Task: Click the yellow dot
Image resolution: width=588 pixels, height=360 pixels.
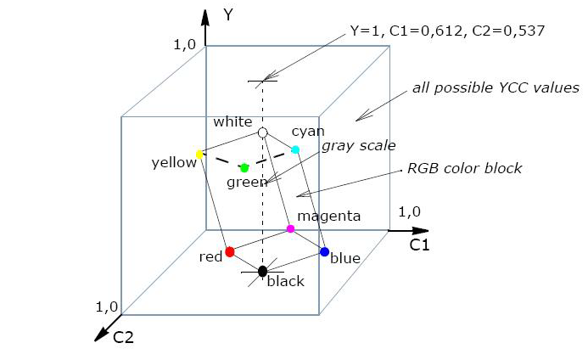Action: tap(200, 155)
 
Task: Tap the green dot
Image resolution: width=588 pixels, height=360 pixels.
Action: tap(244, 167)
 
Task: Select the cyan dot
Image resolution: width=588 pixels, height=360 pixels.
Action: tap(296, 150)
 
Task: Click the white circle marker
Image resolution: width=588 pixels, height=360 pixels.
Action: tap(263, 133)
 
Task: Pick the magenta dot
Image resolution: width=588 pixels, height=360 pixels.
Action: tap(291, 228)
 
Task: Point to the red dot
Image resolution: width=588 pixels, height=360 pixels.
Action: tap(230, 252)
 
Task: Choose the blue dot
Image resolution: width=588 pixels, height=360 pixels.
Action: tap(324, 251)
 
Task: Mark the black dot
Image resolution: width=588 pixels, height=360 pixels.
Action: tap(263, 271)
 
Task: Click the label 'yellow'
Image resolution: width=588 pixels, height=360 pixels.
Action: tap(174, 162)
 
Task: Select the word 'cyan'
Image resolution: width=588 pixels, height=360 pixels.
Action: tap(307, 132)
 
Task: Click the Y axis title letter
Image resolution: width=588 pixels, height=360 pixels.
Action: tap(228, 14)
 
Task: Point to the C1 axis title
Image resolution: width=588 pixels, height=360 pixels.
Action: tap(420, 245)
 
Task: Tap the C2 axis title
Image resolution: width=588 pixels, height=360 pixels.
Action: tap(125, 337)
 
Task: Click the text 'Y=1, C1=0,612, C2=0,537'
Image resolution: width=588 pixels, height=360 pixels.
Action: tap(446, 31)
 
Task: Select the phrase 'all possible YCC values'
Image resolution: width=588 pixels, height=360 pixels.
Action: tap(496, 87)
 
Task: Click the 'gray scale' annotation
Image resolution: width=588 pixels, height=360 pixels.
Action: tap(358, 145)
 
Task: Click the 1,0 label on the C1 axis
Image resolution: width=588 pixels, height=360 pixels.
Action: tap(410, 211)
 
